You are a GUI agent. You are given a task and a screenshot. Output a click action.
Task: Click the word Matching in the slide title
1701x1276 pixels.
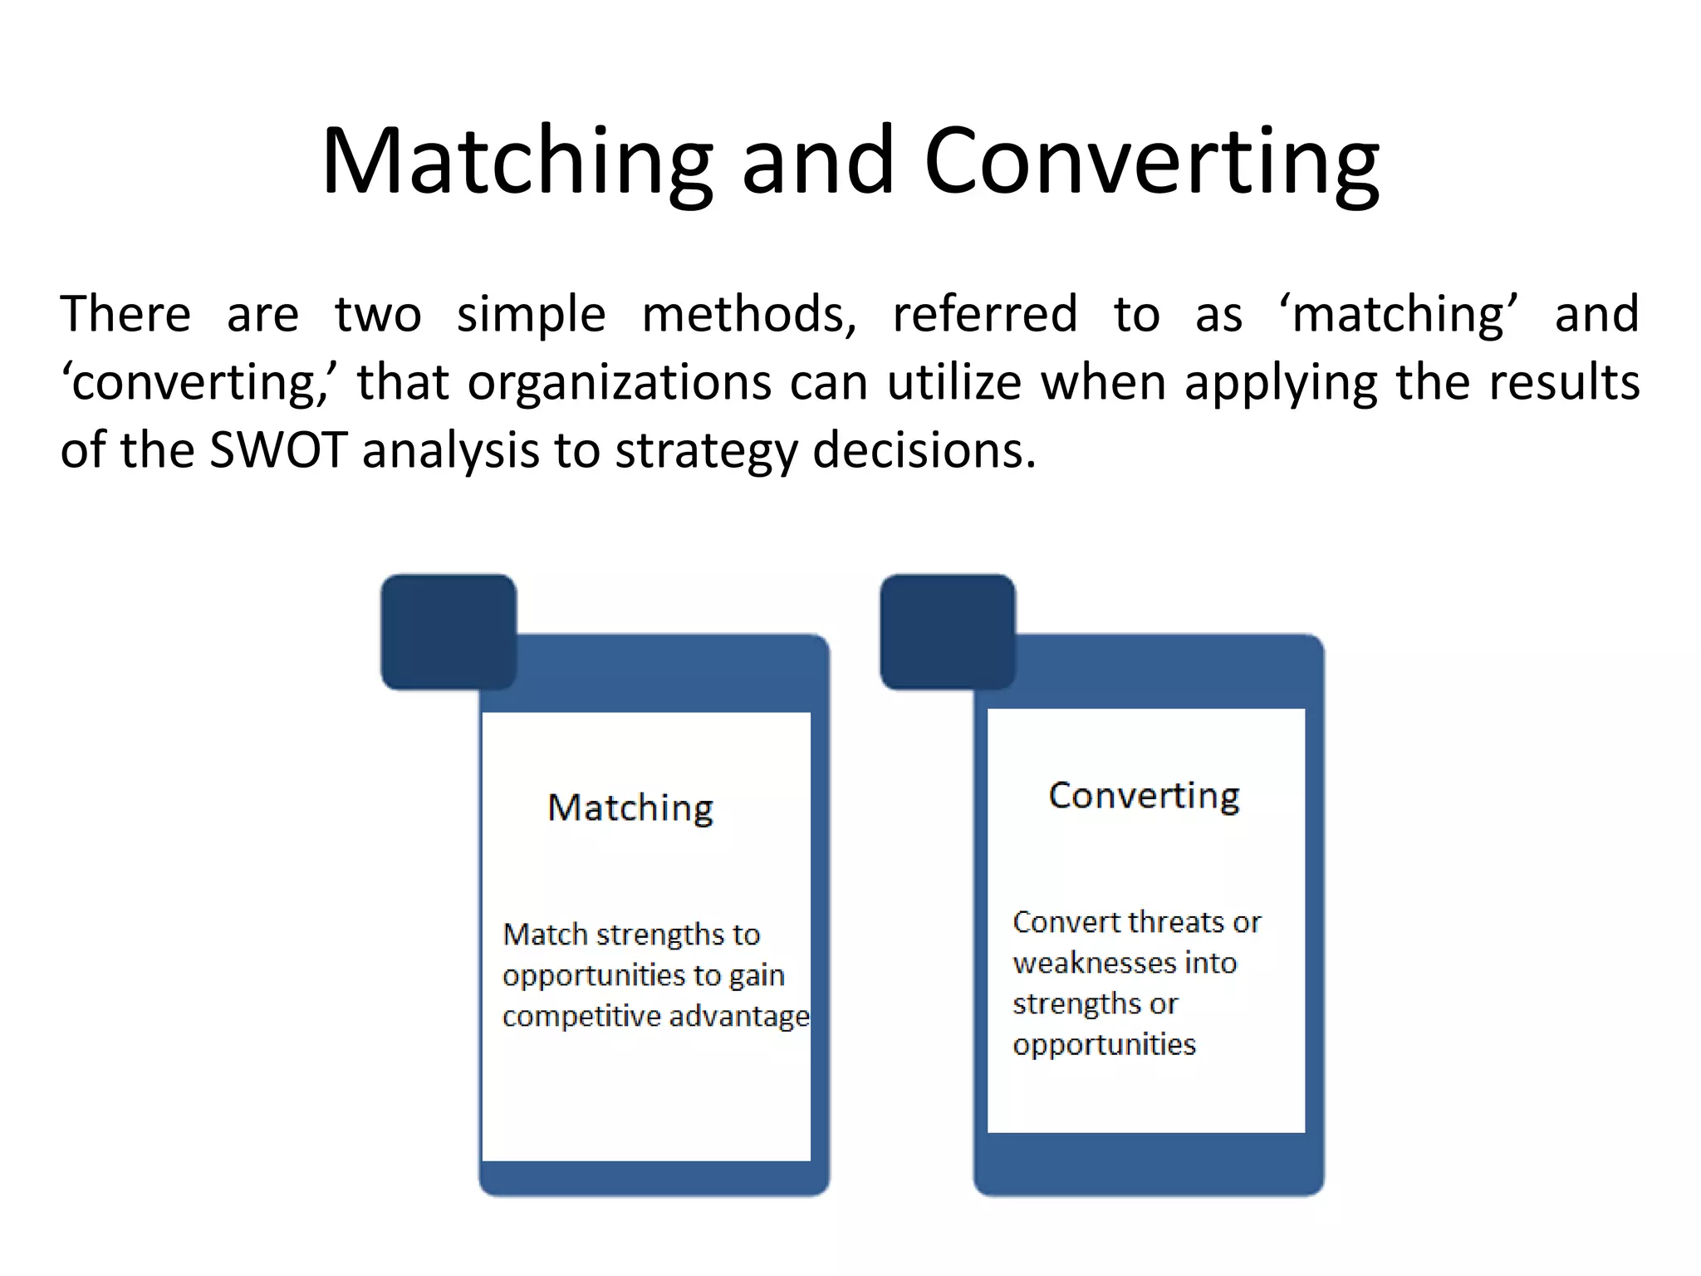tap(517, 162)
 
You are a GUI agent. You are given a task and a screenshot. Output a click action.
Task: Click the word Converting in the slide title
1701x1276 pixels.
tap(1151, 162)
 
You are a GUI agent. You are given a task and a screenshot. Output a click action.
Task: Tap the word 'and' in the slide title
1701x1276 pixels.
tap(817, 162)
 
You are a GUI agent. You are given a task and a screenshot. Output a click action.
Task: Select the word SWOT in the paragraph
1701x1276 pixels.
tap(277, 450)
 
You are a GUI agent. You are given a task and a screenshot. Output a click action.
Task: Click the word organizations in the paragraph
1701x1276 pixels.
tap(620, 382)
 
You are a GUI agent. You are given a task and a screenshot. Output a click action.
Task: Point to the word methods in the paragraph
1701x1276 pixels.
tap(748, 314)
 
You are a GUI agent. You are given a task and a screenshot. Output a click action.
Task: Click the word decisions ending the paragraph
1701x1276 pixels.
tap(924, 450)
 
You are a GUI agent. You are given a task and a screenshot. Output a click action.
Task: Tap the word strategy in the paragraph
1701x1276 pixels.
tap(706, 452)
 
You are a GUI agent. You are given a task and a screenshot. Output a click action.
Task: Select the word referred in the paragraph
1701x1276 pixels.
tap(984, 314)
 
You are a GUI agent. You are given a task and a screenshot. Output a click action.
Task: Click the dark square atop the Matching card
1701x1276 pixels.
tap(449, 631)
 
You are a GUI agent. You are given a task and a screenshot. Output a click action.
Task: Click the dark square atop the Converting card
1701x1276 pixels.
tap(948, 631)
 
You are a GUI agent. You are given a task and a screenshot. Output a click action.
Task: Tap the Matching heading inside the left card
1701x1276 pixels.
tap(630, 808)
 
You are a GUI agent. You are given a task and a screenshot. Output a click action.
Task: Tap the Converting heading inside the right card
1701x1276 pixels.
tap(1144, 796)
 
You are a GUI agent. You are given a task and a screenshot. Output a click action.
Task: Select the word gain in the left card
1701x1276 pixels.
tap(757, 976)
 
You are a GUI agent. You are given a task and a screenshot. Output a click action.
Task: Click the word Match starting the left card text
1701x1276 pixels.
tap(545, 935)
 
